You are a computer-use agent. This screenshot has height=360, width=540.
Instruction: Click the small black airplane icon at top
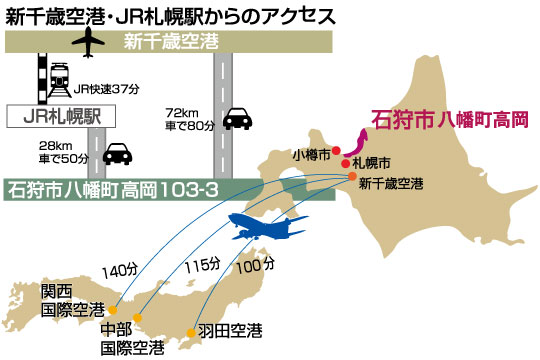(89, 43)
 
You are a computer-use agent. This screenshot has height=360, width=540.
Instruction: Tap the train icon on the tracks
(51, 78)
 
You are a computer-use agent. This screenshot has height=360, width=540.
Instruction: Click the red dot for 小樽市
(337, 151)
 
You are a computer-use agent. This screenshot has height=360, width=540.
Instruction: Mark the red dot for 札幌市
(345, 162)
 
